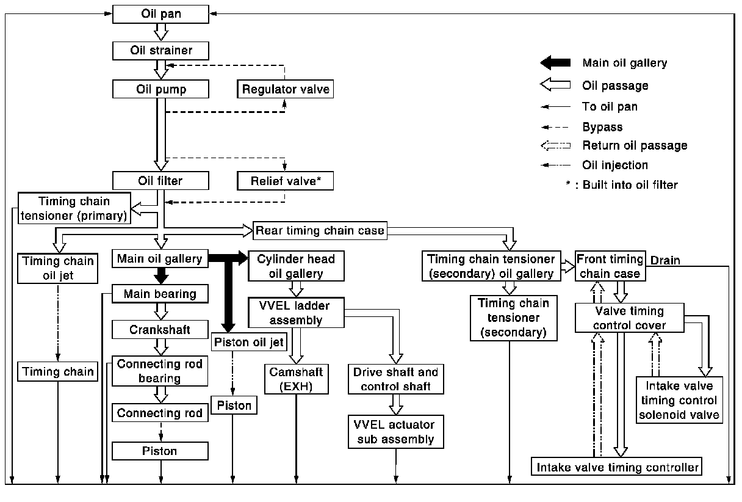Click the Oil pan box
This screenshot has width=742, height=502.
click(160, 14)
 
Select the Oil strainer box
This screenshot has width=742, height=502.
click(160, 51)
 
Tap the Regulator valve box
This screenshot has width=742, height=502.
click(285, 89)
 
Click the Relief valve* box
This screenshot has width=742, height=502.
click(285, 181)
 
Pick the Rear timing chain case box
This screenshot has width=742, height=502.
click(320, 230)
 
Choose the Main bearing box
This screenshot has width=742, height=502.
click(160, 294)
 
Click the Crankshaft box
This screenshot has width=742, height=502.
click(160, 329)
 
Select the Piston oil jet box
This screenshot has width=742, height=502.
click(249, 341)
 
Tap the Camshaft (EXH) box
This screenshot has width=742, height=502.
click(297, 379)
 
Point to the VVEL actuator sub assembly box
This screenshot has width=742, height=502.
click(396, 432)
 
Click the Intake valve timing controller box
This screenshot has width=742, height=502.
click(616, 467)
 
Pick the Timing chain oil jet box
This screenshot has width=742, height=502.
click(57, 268)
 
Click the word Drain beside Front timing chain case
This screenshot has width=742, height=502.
click(665, 260)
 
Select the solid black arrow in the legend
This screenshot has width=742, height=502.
click(555, 62)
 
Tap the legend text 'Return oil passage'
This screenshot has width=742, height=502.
click(635, 145)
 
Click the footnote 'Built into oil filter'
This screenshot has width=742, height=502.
click(630, 184)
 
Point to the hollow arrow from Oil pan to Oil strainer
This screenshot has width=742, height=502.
click(161, 32)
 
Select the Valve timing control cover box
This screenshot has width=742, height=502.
click(629, 318)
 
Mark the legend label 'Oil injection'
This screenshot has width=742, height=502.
click(615, 165)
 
